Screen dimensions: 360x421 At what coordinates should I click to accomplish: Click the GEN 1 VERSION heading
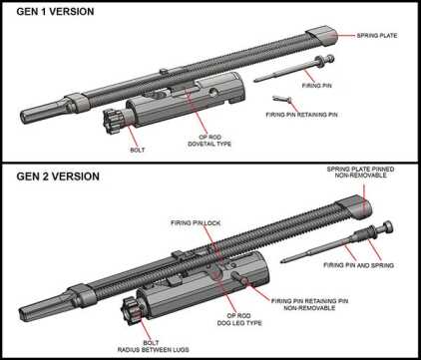tap(55, 11)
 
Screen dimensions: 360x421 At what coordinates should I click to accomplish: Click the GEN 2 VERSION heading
tap(57, 177)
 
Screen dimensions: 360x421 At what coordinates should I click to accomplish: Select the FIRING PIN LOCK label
tap(195, 224)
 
